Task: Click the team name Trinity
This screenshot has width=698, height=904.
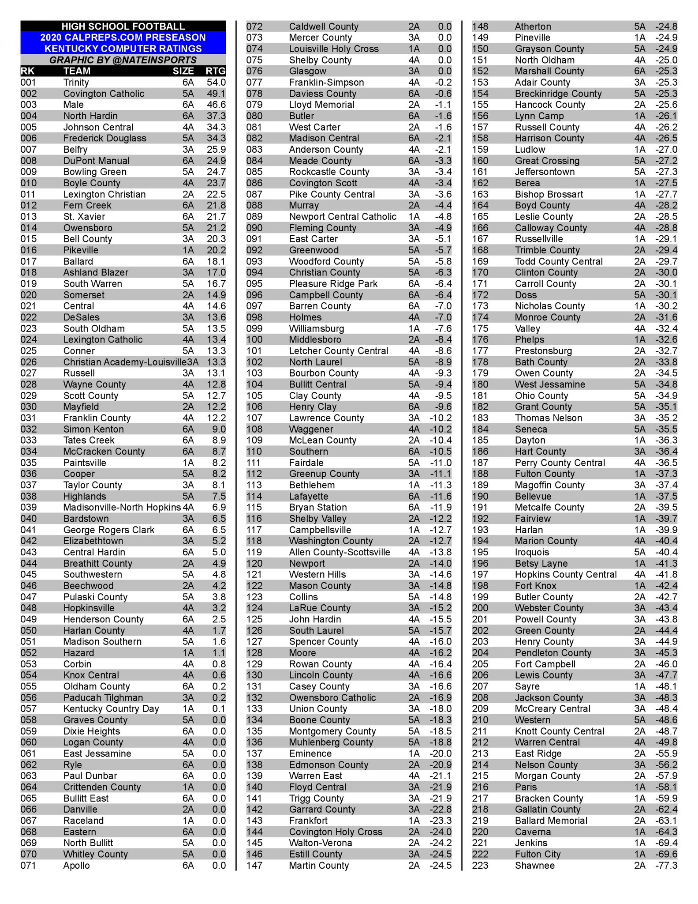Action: click(76, 83)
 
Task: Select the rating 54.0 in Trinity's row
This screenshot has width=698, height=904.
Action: click(216, 83)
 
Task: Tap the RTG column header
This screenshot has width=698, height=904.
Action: click(216, 71)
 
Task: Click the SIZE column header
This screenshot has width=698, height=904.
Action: click(183, 71)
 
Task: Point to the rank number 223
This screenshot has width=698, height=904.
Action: click(480, 865)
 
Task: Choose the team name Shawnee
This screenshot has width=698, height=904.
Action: click(534, 865)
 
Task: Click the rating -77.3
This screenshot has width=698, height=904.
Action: click(666, 865)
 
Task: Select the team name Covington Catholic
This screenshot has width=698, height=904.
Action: click(104, 94)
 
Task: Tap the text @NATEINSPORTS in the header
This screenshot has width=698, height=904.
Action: click(154, 60)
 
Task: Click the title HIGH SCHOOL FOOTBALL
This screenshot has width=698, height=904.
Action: click(123, 26)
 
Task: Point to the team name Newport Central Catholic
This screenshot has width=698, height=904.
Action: click(343, 217)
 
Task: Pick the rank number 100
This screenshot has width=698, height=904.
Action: click(254, 339)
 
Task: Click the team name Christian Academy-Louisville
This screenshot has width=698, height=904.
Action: click(124, 362)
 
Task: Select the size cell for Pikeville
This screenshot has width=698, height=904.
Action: click(188, 250)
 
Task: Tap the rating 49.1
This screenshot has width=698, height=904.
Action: click(216, 94)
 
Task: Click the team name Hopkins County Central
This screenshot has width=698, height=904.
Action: click(566, 574)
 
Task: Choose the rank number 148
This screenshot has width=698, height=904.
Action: click(480, 26)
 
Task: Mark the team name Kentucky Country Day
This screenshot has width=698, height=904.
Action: click(111, 708)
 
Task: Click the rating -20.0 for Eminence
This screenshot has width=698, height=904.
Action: click(440, 753)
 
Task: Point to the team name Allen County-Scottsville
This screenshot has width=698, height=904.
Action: click(340, 552)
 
